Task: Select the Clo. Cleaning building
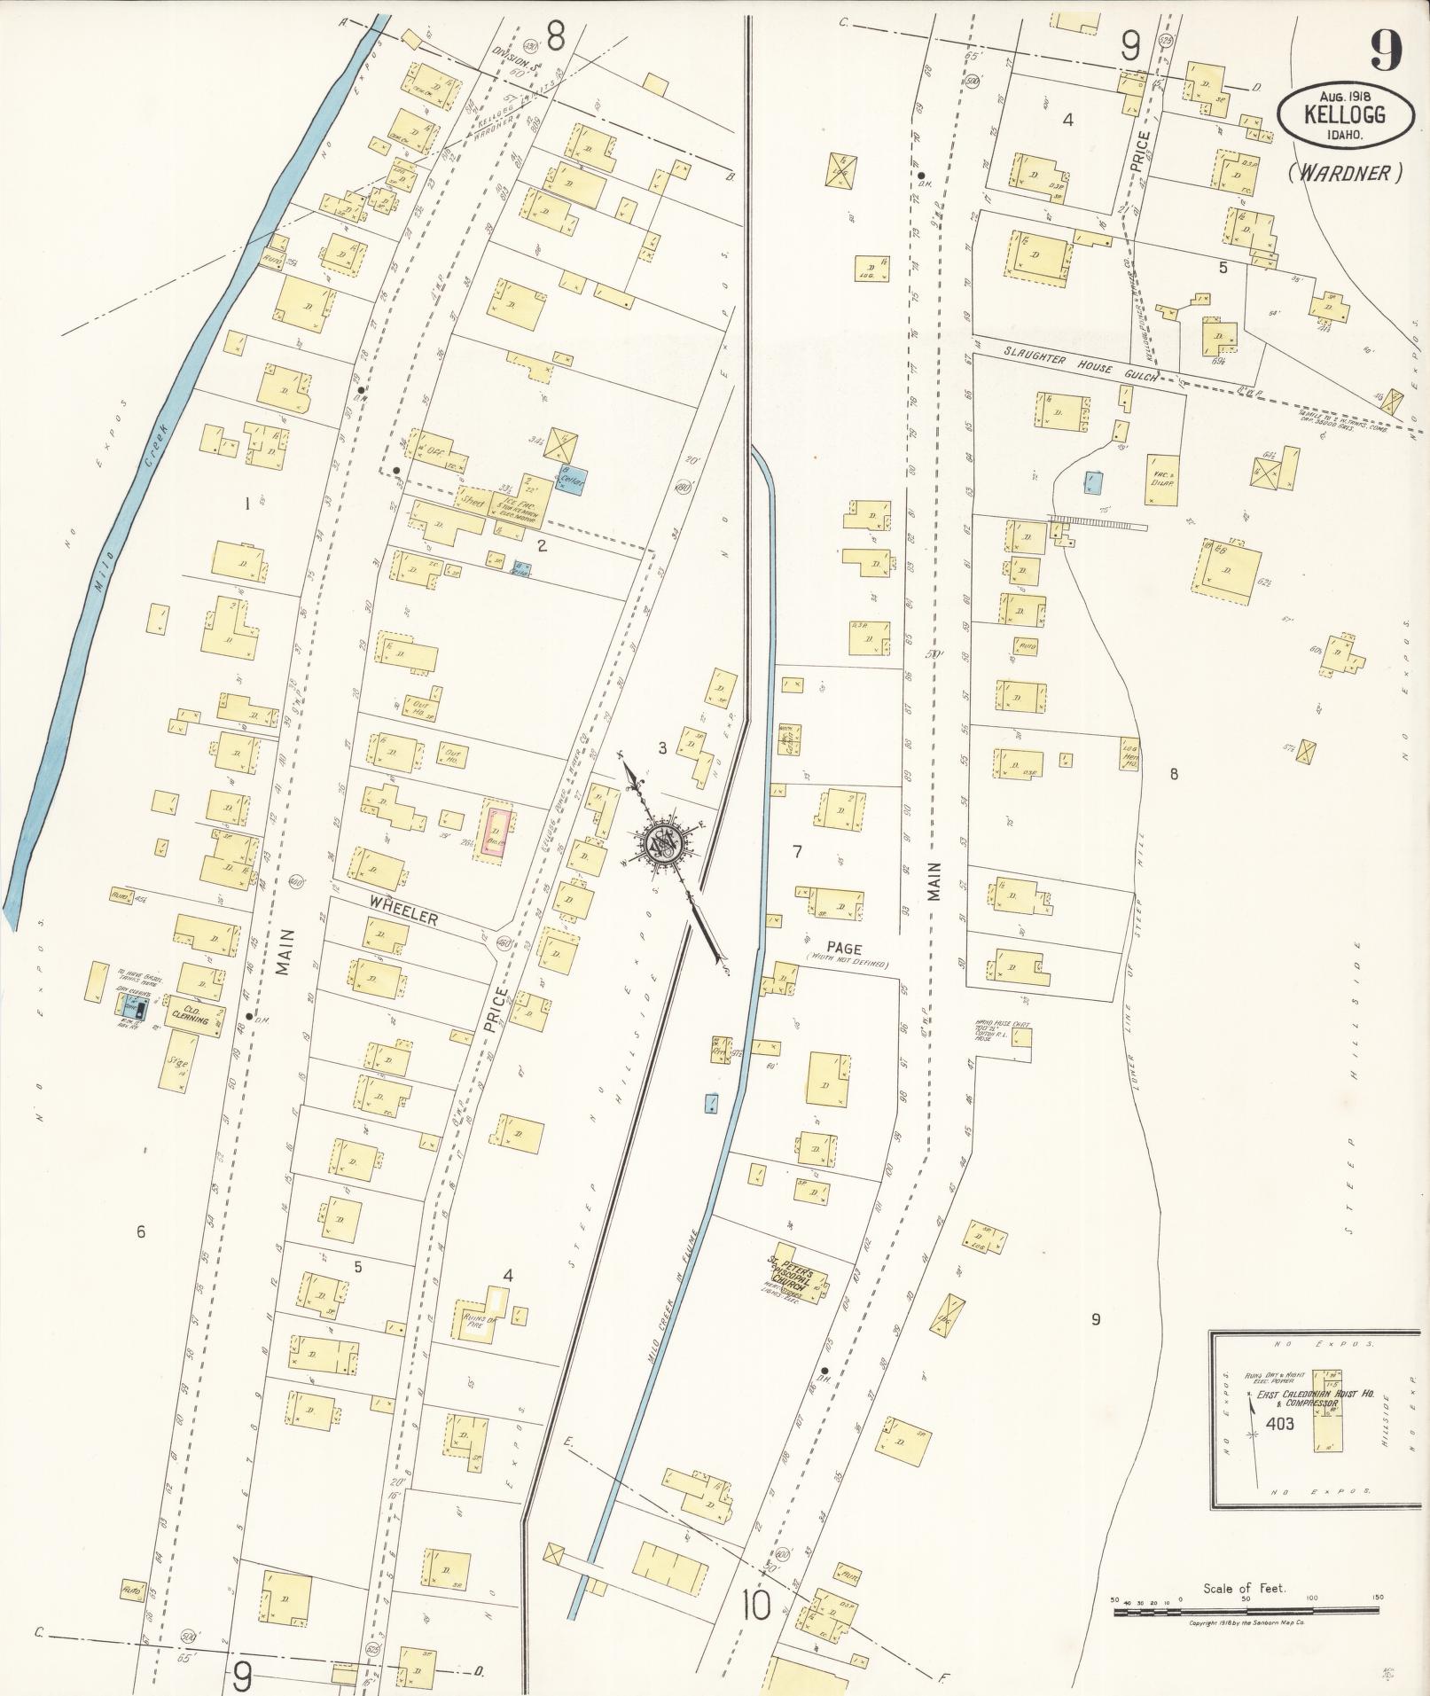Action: point(191,1018)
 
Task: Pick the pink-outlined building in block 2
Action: point(495,830)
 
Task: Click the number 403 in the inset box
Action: point(1280,1425)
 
